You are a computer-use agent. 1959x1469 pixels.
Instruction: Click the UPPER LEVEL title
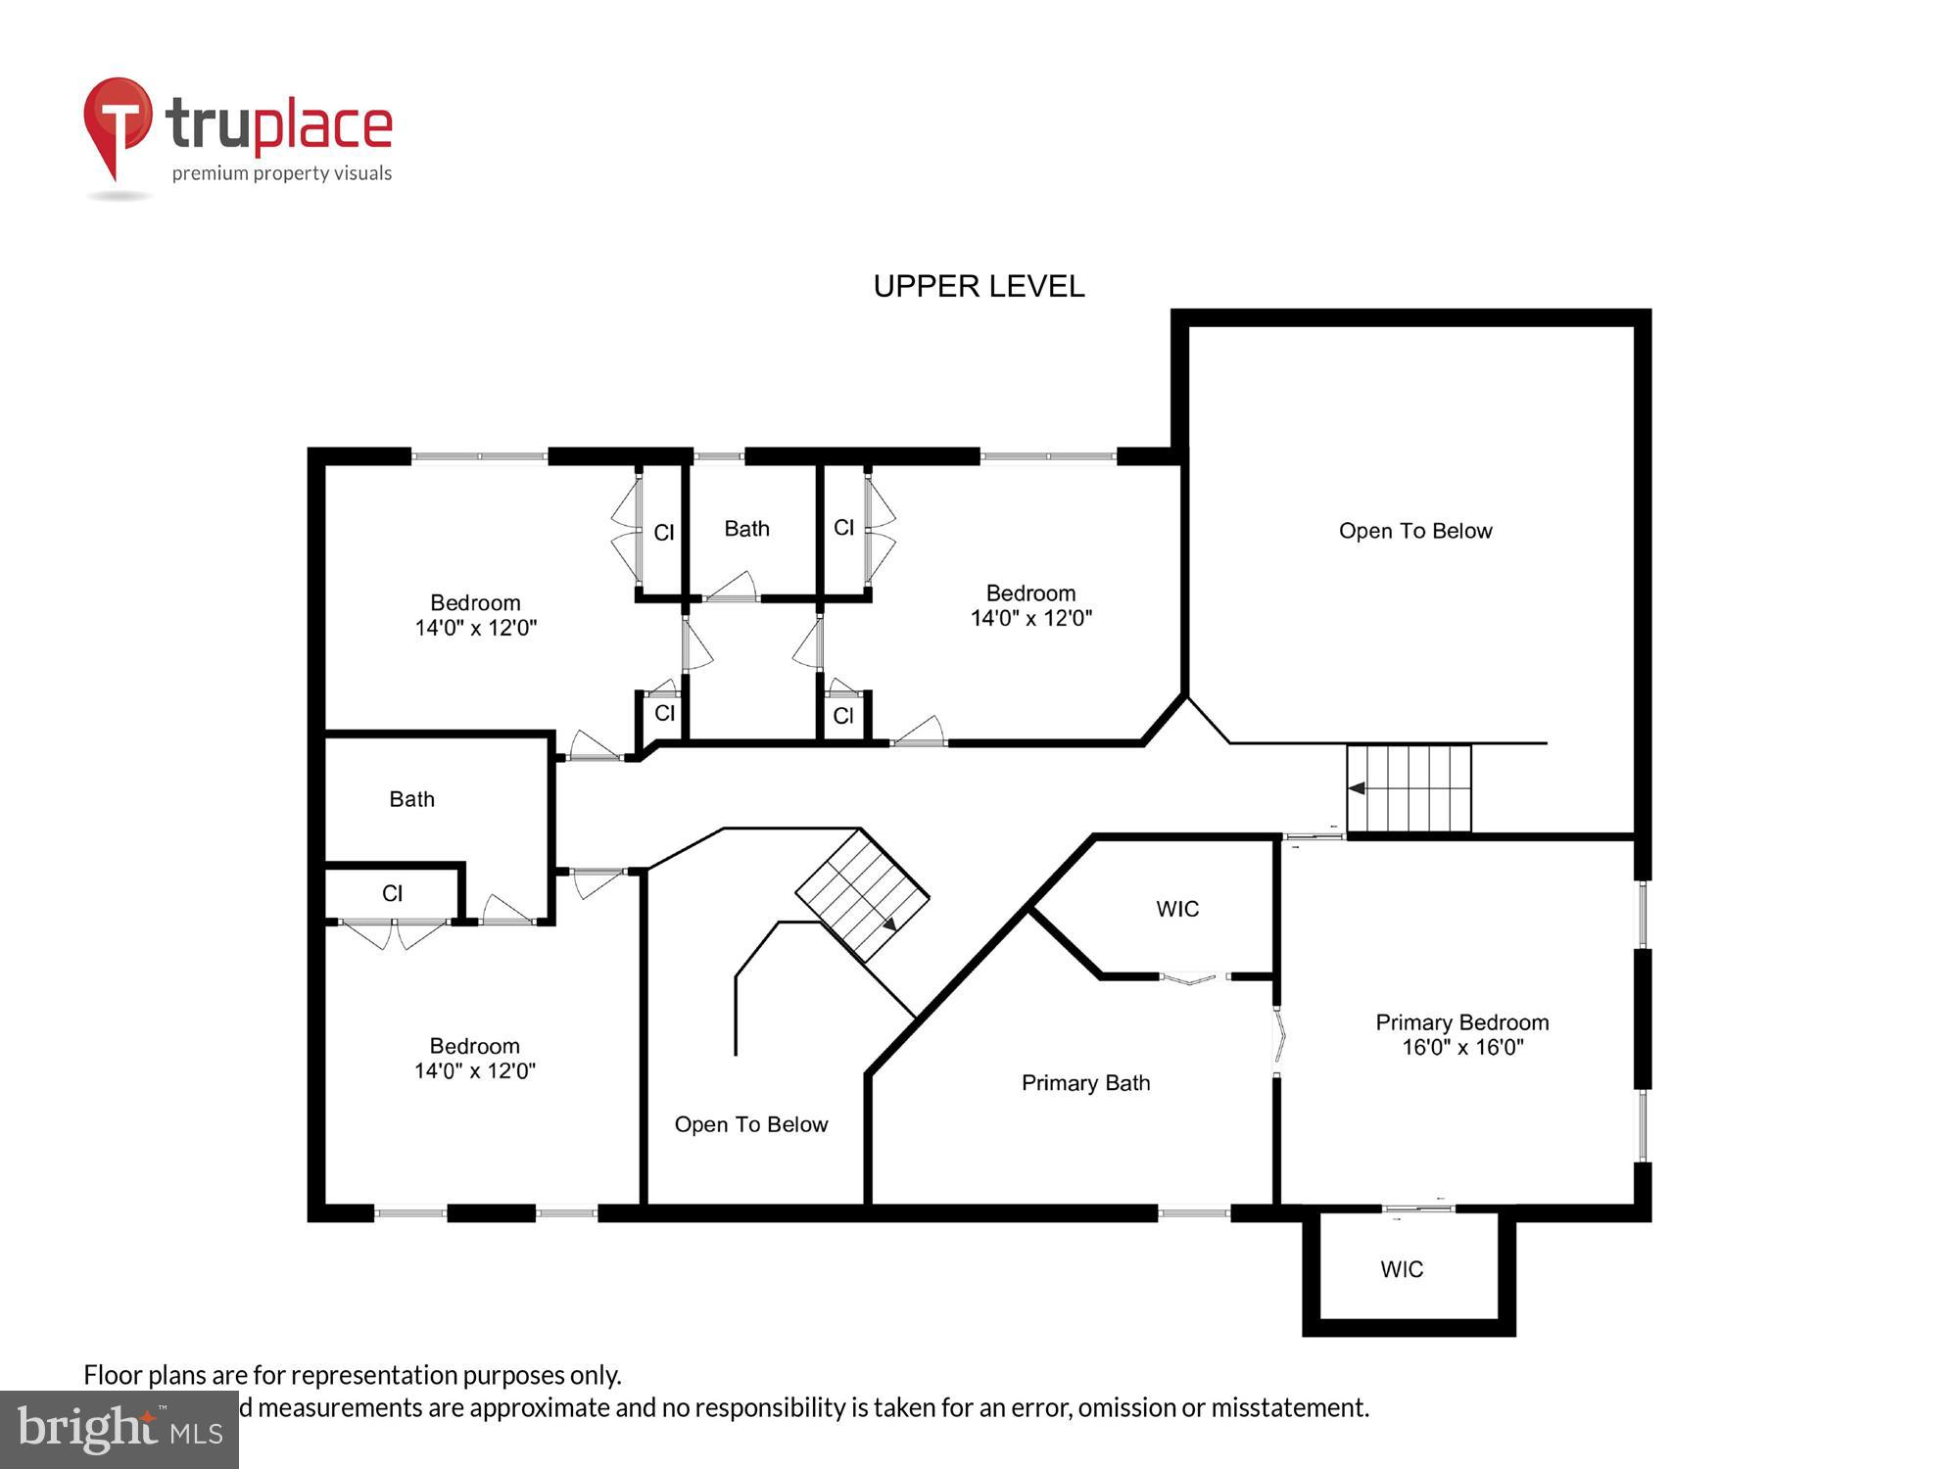pos(979,286)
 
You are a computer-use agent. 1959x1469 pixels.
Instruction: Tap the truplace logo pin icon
pos(118,122)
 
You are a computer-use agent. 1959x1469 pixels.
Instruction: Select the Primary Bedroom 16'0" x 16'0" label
pos(1461,1034)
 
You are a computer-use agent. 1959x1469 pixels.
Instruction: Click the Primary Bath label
pos(1085,1082)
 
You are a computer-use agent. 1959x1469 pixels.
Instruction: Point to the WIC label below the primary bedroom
pos(1402,1269)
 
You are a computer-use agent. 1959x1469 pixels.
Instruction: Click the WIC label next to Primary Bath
pos(1176,909)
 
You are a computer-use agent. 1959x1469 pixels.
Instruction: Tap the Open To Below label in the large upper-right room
pos(1414,531)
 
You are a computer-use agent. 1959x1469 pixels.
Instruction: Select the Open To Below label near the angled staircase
pos(750,1124)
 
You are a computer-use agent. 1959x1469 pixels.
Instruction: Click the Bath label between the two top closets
pos(746,529)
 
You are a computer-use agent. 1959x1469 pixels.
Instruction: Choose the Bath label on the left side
pos(411,799)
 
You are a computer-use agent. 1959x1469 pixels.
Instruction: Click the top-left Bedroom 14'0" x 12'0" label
pos(475,615)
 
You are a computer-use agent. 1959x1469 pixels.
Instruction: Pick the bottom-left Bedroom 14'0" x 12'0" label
pos(474,1058)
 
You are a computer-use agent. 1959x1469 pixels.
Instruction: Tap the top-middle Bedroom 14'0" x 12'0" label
pos(1030,605)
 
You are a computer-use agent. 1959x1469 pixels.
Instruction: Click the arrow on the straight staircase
pos(1358,787)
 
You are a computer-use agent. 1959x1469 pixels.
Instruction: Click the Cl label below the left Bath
pos(392,893)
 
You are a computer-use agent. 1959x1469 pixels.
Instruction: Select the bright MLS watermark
pos(119,1430)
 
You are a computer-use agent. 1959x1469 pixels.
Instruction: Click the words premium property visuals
pos(281,173)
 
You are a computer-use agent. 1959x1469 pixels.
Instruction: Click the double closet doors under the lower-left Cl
pos(393,932)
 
